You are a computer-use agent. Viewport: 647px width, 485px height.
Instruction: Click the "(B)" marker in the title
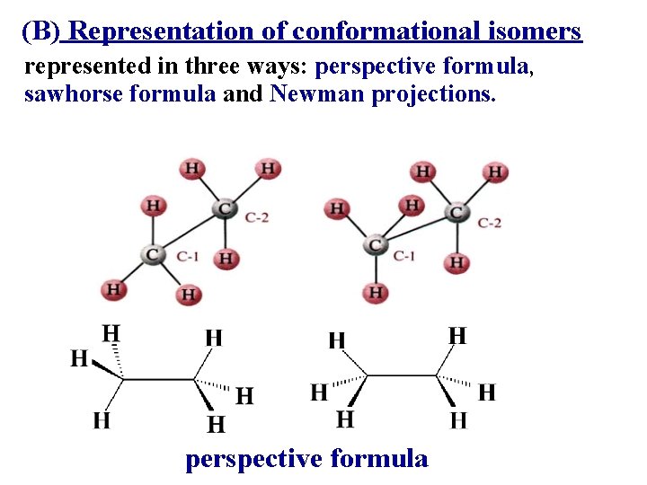40,32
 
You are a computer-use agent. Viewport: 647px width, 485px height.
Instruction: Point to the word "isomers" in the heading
542,32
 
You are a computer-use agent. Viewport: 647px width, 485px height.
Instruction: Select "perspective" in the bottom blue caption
253,459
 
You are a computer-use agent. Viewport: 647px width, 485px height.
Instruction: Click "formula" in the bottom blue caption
379,459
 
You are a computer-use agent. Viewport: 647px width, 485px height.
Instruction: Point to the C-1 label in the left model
188,257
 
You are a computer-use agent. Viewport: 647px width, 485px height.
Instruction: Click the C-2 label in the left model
256,217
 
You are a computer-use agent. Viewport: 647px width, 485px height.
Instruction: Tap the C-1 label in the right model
404,256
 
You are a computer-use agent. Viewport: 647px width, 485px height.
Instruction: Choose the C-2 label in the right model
490,222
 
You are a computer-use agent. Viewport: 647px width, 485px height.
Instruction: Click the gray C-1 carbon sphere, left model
153,254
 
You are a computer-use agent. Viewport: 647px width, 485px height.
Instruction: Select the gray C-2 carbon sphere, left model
224,209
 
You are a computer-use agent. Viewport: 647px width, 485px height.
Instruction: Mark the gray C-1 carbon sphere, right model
376,244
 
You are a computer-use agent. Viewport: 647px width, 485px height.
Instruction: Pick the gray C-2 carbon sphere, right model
457,213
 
